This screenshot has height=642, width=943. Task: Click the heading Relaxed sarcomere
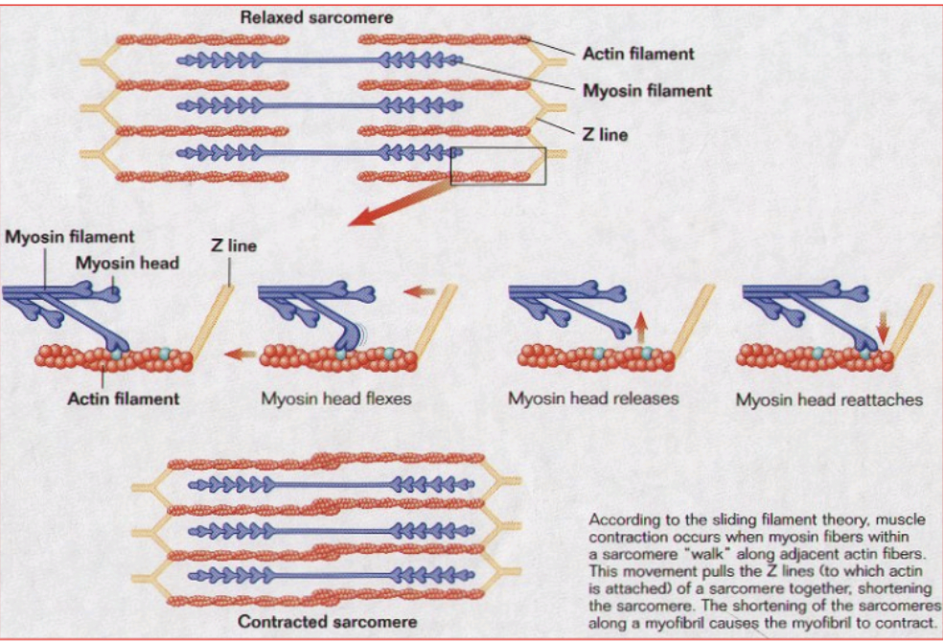(x=315, y=17)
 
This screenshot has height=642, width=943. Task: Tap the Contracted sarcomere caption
(x=327, y=622)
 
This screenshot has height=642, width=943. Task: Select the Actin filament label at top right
(x=637, y=53)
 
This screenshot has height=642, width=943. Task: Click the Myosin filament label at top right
(x=647, y=91)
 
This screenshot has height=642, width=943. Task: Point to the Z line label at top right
(x=606, y=135)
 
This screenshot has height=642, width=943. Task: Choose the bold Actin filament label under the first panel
(x=123, y=398)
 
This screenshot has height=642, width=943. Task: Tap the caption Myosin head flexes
(x=335, y=398)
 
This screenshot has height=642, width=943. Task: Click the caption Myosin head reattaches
(x=829, y=399)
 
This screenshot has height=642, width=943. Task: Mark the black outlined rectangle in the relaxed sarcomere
(x=497, y=166)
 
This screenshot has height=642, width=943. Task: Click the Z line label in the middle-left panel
(x=233, y=245)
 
